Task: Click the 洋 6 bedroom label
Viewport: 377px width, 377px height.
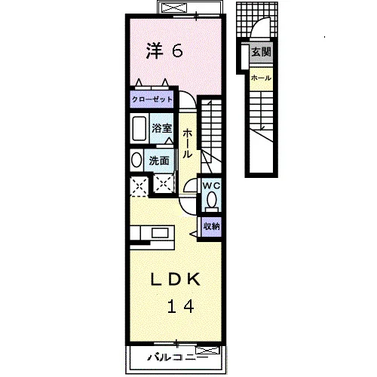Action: [x=164, y=51]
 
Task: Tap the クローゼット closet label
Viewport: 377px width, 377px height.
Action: [x=152, y=100]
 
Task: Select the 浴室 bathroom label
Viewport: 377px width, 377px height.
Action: [x=161, y=128]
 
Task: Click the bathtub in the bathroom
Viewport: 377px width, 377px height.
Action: [x=139, y=128]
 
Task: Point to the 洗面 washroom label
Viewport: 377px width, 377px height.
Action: [x=159, y=161]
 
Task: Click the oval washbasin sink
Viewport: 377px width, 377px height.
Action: [x=136, y=160]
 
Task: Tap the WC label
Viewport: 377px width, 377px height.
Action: [x=211, y=185]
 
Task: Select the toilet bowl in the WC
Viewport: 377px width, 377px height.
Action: [x=212, y=199]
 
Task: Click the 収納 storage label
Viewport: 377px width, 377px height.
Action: [x=212, y=226]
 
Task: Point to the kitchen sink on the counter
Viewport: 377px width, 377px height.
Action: [x=160, y=233]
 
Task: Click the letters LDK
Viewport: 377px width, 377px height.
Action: [x=176, y=279]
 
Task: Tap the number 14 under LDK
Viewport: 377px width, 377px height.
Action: [x=180, y=306]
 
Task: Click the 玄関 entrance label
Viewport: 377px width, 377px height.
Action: [x=262, y=52]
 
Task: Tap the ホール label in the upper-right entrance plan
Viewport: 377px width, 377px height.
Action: [x=261, y=78]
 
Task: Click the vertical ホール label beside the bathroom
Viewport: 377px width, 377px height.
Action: [x=187, y=144]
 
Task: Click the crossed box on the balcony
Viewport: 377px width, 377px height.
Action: [x=207, y=350]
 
